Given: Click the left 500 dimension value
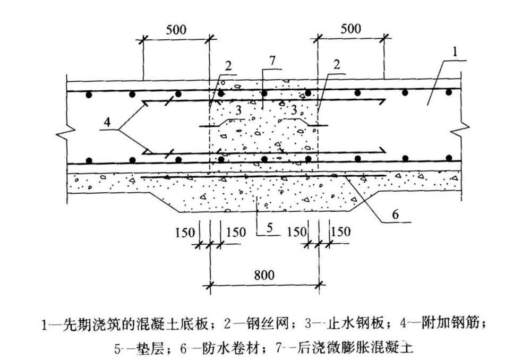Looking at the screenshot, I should (x=176, y=29).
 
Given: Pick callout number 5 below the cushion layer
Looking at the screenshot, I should (x=269, y=228).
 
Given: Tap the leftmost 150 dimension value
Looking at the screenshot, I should (x=184, y=232).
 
